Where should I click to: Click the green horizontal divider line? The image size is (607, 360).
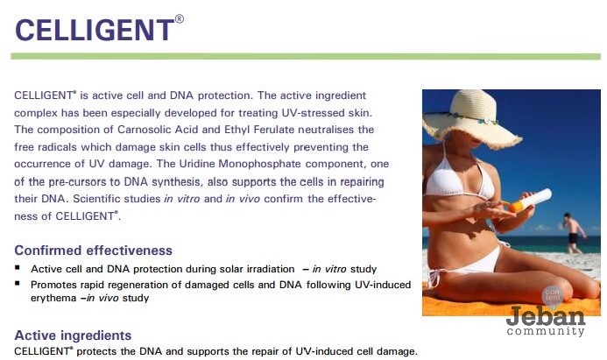[x=306, y=56]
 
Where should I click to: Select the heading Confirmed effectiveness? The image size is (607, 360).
[x=94, y=250]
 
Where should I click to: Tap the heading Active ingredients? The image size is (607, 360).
[x=73, y=335]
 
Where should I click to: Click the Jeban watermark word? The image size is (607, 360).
[x=545, y=315]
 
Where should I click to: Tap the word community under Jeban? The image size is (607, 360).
[x=545, y=332]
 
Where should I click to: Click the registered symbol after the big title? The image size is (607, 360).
[x=180, y=18]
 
